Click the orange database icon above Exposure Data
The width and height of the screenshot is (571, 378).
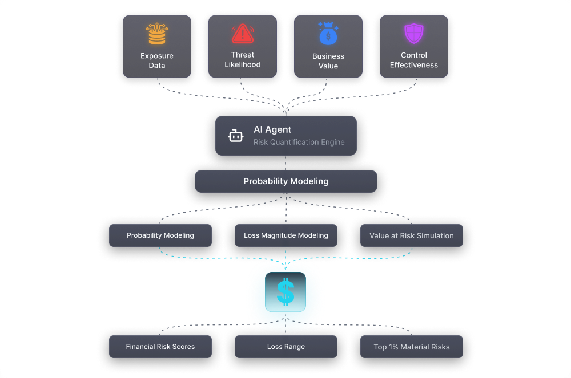157,34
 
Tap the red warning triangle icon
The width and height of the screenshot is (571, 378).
243,34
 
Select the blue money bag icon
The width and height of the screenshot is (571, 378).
328,34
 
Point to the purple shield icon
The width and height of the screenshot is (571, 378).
413,34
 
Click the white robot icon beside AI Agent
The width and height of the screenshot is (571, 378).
236,136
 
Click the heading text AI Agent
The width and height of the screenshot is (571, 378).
272,130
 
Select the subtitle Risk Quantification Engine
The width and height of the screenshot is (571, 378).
299,142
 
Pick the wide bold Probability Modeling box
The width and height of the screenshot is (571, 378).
286,181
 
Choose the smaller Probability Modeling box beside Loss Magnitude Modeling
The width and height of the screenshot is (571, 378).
160,235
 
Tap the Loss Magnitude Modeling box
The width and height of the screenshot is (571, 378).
286,235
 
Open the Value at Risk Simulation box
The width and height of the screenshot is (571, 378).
412,235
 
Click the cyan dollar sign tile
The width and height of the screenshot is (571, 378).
285,292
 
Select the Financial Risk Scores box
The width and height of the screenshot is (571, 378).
160,347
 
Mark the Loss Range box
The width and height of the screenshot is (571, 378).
286,347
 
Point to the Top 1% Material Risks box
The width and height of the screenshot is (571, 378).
412,347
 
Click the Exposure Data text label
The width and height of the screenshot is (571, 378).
157,60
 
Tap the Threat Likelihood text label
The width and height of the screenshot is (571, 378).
243,60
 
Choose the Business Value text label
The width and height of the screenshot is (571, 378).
328,61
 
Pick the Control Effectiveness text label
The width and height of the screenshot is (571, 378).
413,60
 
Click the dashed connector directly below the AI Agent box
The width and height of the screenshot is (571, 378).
285,163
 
